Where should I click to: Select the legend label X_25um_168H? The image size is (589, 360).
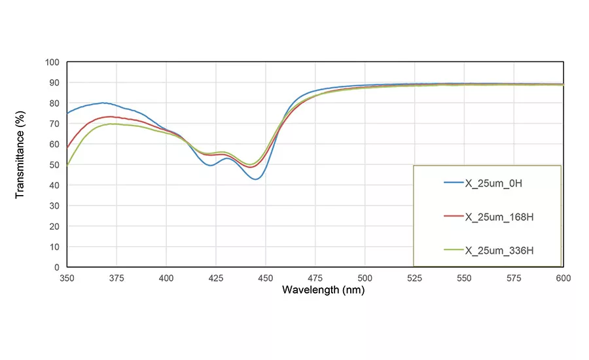click(499, 217)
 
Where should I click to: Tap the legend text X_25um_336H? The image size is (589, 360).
click(499, 250)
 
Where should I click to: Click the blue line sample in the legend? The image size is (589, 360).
click(453, 183)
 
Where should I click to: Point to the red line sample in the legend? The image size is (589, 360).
click(453, 217)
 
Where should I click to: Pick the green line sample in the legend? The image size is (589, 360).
click(453, 250)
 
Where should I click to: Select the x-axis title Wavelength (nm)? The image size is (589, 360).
click(314, 289)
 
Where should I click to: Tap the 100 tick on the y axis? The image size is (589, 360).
click(52, 62)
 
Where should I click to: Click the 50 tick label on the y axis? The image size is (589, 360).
click(54, 165)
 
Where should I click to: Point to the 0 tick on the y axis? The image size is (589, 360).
click(57, 267)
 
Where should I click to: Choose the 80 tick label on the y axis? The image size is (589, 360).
click(54, 103)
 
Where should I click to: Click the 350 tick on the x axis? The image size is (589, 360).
click(67, 278)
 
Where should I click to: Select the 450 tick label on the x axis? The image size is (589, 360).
click(265, 278)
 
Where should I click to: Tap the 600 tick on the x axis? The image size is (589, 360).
click(563, 278)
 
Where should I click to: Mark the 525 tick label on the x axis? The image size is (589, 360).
click(414, 278)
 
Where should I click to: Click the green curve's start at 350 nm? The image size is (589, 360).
click(67, 165)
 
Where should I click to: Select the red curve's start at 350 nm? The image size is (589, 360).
click(67, 148)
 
